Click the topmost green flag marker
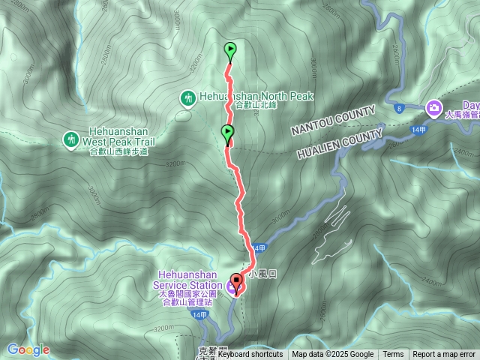230,51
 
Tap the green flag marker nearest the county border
227,133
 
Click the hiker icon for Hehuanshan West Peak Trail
70,139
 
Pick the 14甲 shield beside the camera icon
420,130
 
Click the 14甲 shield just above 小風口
259,248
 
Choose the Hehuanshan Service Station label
187,280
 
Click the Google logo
28,349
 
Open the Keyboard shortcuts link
250,355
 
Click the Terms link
393,355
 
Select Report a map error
444,355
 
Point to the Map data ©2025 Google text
332,355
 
